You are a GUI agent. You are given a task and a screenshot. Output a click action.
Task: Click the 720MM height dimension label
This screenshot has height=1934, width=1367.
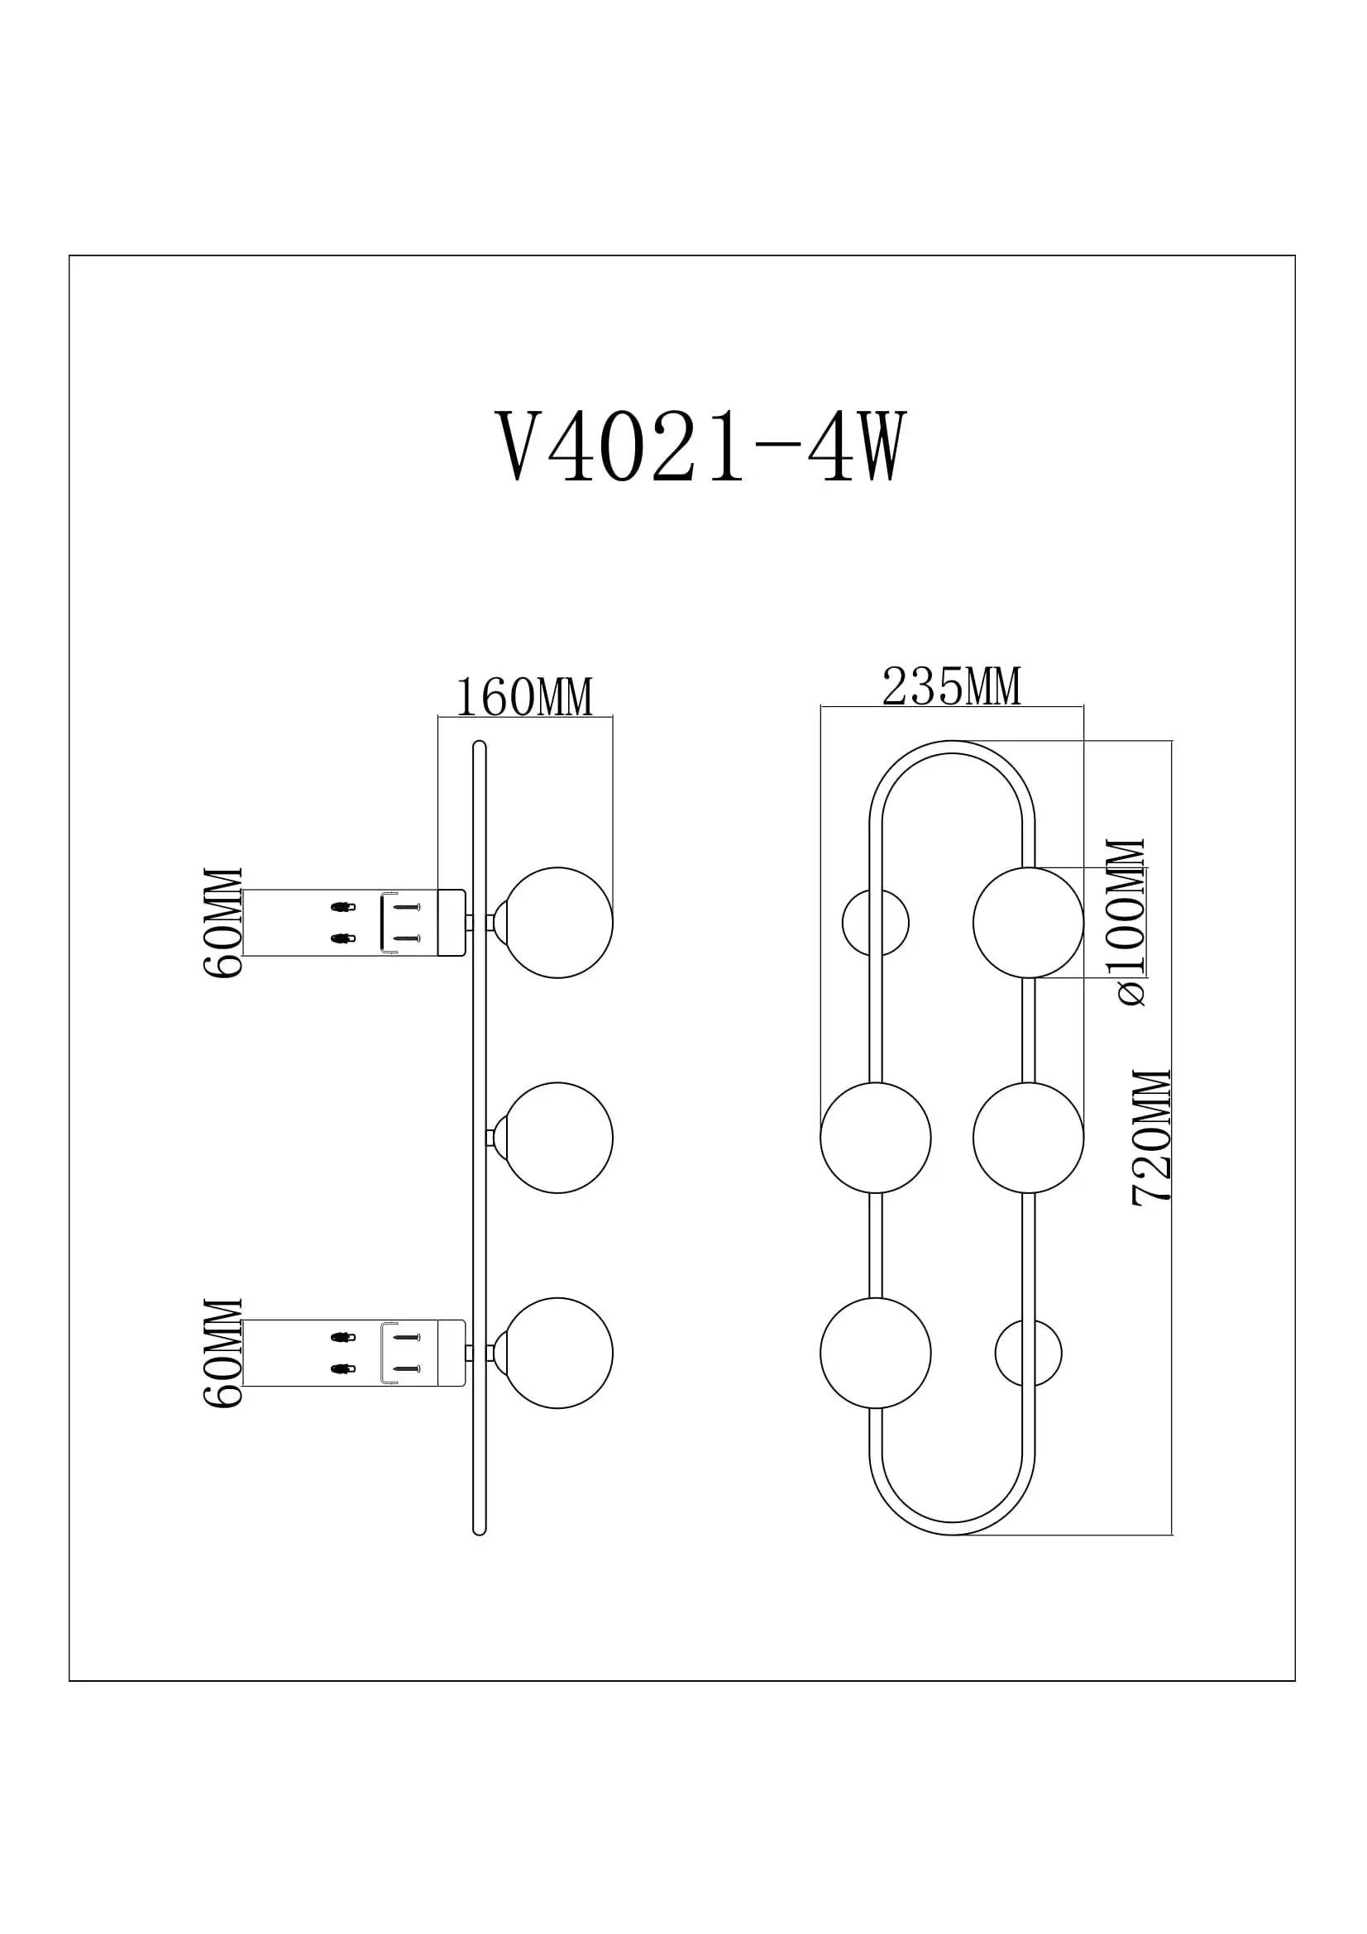(1152, 1139)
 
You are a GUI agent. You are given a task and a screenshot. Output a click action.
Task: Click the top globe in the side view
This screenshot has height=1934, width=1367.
(557, 923)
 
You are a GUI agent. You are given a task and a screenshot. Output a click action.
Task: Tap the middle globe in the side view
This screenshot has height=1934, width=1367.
(557, 1138)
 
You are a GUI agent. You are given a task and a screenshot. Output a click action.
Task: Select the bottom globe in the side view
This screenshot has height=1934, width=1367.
(557, 1353)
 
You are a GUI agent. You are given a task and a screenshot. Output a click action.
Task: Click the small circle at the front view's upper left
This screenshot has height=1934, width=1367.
(876, 923)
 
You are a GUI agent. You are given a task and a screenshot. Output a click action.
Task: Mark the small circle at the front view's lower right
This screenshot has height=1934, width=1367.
(1029, 1353)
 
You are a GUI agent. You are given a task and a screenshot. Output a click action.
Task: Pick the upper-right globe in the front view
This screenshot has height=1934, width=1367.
(1029, 923)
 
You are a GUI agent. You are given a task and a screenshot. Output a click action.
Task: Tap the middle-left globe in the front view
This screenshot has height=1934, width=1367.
(876, 1138)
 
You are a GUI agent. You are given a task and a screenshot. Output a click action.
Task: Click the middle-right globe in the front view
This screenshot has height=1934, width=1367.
(1029, 1138)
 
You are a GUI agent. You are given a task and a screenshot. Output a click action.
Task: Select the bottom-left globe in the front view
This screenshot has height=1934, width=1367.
(876, 1353)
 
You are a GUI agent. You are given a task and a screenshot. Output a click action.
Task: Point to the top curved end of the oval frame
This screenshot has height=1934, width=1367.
(952, 747)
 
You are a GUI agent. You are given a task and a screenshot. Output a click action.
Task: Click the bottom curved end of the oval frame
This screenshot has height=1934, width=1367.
(952, 1528)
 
